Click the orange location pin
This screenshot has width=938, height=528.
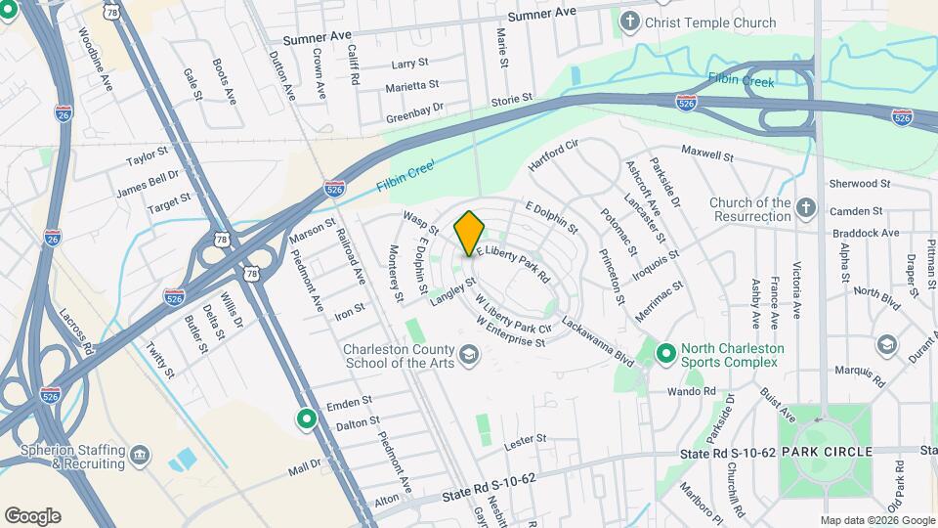click(x=469, y=233)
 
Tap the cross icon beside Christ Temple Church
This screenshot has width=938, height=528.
click(x=631, y=21)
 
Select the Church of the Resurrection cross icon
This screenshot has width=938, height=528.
click(x=805, y=207)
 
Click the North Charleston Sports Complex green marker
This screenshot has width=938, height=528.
click(x=666, y=351)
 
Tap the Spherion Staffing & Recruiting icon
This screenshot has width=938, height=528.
click(x=140, y=455)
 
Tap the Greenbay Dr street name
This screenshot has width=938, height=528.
click(x=414, y=108)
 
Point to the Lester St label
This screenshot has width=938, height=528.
click(x=524, y=443)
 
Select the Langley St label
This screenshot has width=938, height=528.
click(x=451, y=290)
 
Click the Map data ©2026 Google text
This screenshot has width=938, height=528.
click(x=876, y=520)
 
